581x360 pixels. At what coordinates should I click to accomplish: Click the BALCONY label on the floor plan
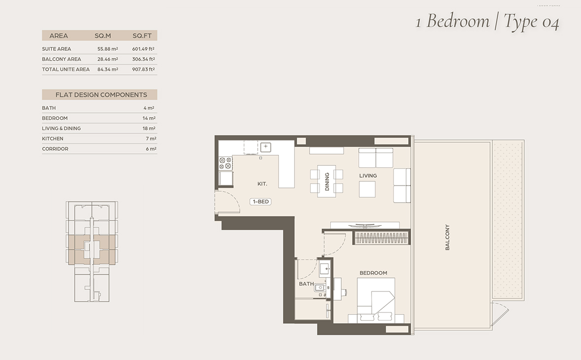tap(447, 237)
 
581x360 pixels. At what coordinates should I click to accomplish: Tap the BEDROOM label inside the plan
tap(373, 273)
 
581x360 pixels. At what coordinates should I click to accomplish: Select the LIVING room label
tap(368, 176)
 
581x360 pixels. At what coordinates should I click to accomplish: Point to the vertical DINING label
tap(327, 181)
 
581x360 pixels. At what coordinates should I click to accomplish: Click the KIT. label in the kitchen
tap(262, 184)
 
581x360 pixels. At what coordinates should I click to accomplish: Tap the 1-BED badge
tap(261, 202)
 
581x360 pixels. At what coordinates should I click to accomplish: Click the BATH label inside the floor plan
tap(306, 284)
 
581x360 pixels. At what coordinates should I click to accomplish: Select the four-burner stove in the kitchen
tap(226, 163)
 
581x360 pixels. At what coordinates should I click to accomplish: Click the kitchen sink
tap(266, 146)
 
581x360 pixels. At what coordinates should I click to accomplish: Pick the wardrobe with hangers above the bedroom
tap(382, 237)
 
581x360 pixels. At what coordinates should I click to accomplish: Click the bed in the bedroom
tap(376, 300)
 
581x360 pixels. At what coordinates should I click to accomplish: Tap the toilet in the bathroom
tap(320, 288)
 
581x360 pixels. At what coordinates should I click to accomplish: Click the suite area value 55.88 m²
tap(108, 49)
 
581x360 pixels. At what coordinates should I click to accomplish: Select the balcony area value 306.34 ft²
tap(144, 59)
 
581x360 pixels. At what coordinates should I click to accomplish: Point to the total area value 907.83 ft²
tap(144, 69)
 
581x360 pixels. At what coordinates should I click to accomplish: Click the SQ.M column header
tap(103, 36)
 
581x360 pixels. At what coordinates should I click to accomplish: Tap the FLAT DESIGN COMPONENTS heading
tap(101, 95)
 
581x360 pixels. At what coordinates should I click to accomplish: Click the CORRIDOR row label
tap(55, 149)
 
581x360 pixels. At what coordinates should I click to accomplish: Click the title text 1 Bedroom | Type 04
tap(487, 21)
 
